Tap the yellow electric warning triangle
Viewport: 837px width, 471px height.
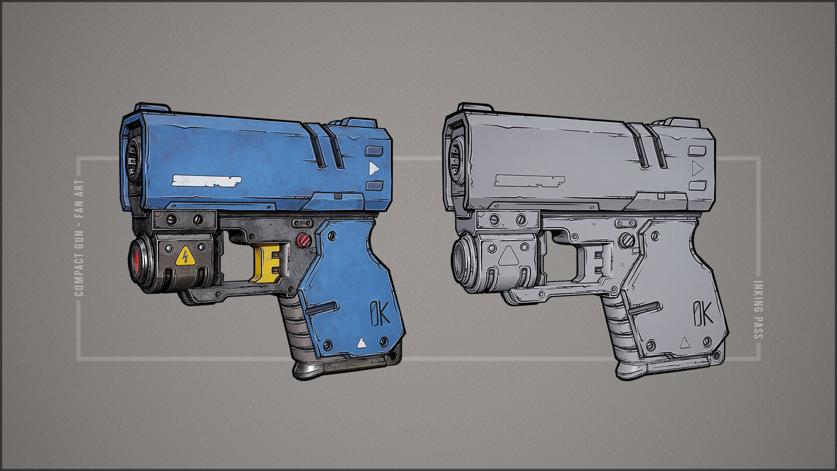pyautogui.click(x=185, y=257)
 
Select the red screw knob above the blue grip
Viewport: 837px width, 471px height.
pyautogui.click(x=303, y=240)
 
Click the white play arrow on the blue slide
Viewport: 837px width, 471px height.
pyautogui.click(x=374, y=169)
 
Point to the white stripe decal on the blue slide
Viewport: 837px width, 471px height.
pyautogui.click(x=206, y=181)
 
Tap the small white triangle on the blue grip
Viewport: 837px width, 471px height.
pyautogui.click(x=361, y=343)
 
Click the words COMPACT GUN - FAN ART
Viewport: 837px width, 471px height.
pyautogui.click(x=79, y=238)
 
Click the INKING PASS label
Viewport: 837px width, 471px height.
pyautogui.click(x=757, y=310)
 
